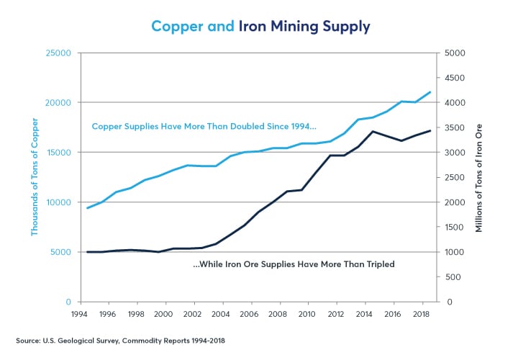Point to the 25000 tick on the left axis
coord(58,53)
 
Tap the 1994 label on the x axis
coord(79,314)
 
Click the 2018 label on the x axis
coord(419,314)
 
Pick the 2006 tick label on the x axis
coord(249,314)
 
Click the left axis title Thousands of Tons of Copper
coord(34,177)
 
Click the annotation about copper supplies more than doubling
coord(204,127)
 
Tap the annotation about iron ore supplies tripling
coord(294,264)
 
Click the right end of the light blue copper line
coord(430,92)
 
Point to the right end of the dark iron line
coord(430,130)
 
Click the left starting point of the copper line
coord(87,208)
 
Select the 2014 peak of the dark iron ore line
coord(371,132)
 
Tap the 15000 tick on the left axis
coord(58,153)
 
